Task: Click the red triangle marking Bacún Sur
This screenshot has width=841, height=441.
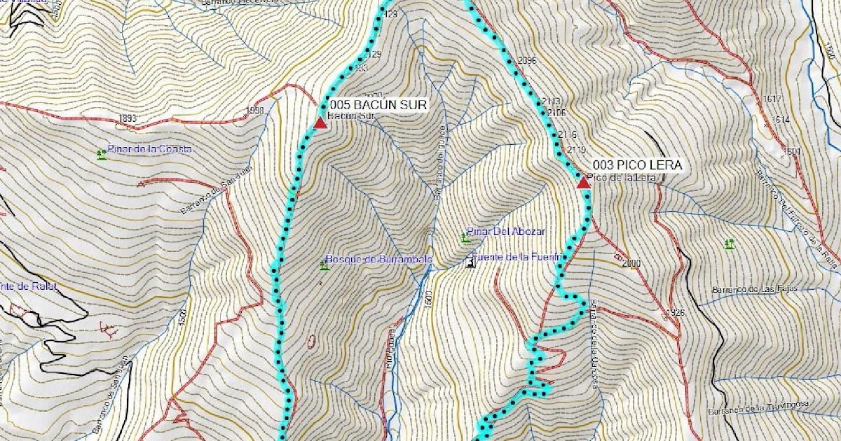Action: pos(320,124)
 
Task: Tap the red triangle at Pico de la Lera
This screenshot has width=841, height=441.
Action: pos(582,183)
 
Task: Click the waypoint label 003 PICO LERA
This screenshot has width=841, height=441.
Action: pos(637,165)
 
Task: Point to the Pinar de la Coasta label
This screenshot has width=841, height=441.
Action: pos(150,149)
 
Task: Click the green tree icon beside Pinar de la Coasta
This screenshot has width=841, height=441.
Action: pos(102,154)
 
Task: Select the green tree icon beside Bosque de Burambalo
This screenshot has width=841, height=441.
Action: pos(324,265)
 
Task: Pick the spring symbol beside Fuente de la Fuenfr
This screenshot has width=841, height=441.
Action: pos(470,262)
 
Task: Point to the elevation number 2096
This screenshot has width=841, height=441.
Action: pos(525,61)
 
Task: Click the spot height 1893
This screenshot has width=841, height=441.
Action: pos(128,118)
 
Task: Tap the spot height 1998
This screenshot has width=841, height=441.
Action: pos(255,111)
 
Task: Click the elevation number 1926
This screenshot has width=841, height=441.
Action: pos(675,311)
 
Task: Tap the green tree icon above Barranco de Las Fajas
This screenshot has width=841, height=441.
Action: pos(730,244)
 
